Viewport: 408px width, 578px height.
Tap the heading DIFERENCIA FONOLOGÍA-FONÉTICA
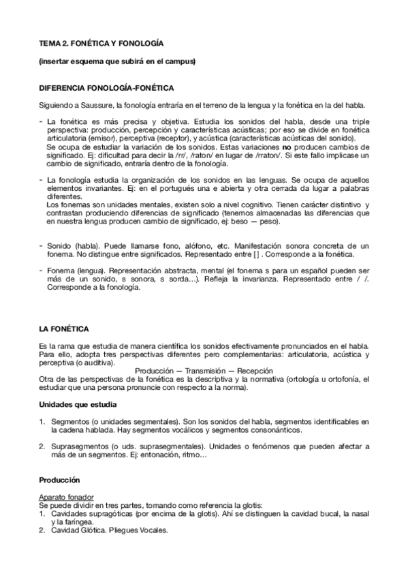coord(106,89)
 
